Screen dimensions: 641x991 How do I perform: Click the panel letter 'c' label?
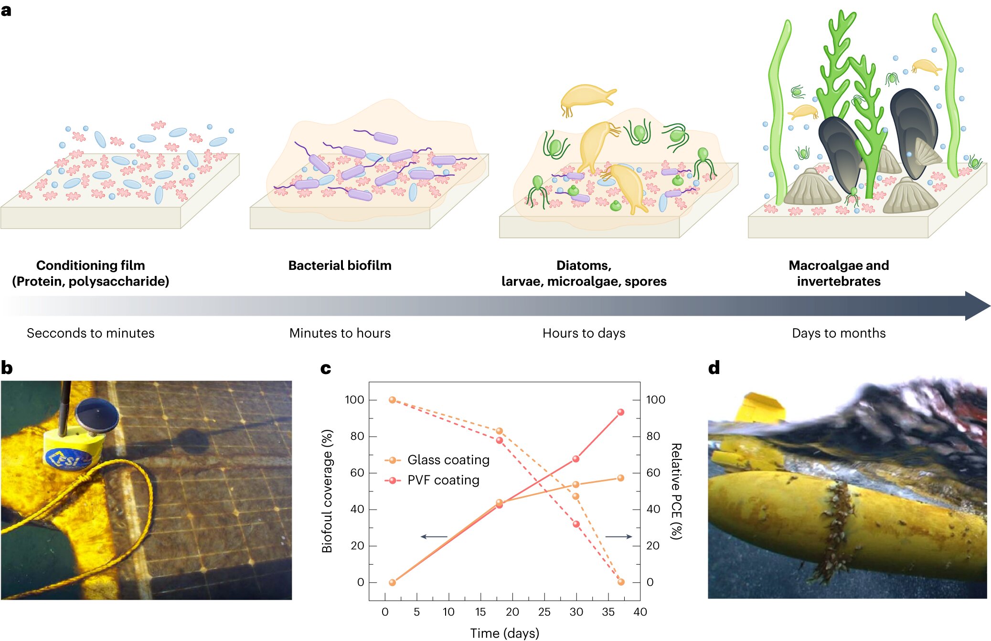tap(326, 368)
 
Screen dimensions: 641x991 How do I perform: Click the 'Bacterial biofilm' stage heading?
tap(340, 266)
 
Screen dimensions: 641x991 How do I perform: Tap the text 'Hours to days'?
tap(584, 333)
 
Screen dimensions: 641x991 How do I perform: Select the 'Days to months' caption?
tap(839, 333)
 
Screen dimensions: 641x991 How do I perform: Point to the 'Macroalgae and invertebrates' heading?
tap(839, 273)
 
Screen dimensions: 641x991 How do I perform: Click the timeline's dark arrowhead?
tap(977, 306)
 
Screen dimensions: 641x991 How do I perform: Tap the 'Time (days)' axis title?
tap(504, 633)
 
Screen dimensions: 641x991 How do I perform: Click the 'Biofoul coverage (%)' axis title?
tap(327, 491)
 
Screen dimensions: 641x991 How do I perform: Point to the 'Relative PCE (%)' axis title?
tap(676, 491)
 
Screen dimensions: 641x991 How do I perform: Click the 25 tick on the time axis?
tap(544, 612)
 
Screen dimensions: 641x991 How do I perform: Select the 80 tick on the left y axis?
tap(357, 436)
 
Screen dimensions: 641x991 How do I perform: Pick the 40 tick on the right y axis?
tap(653, 509)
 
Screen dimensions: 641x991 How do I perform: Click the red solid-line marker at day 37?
tap(620, 412)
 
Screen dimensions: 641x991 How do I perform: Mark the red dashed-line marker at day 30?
tap(576, 524)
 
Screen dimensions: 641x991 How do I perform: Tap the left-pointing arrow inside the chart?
tap(434, 537)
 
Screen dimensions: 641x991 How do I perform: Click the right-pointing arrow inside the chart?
tap(619, 537)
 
